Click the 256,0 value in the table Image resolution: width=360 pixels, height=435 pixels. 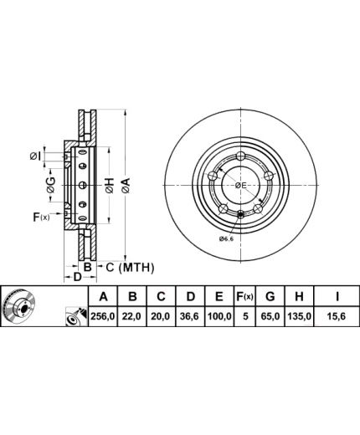click(103, 316)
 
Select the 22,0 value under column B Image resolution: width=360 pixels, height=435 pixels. click(132, 316)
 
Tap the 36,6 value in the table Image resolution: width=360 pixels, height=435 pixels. click(190, 316)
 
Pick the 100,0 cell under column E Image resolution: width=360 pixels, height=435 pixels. click(219, 316)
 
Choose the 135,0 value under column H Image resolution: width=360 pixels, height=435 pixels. click(299, 316)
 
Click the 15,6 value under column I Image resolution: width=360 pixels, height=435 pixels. click(337, 316)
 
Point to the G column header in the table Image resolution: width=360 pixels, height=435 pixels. click(270, 296)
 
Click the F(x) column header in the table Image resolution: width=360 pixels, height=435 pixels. click(244, 296)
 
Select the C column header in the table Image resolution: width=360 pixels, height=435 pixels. click(161, 296)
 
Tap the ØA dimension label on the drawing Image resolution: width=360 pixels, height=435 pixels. click(126, 186)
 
